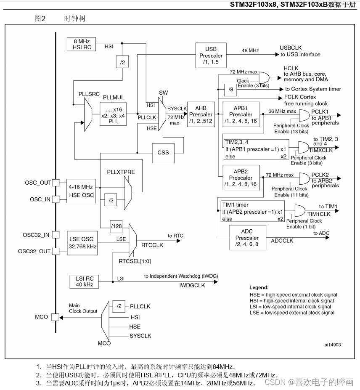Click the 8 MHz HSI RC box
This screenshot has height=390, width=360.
click(x=81, y=44)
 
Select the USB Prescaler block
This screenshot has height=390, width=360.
click(x=211, y=56)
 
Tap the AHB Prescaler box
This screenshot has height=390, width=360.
click(x=201, y=114)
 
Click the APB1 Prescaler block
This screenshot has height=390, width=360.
click(x=241, y=114)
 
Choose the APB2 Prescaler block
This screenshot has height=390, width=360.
click(x=241, y=178)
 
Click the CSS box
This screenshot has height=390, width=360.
click(x=163, y=153)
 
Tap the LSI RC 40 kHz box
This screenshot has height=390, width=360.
click(x=84, y=281)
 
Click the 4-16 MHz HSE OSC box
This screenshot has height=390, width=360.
click(x=82, y=191)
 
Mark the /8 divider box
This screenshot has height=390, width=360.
click(x=230, y=90)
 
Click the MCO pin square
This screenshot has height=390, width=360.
click(x=55, y=317)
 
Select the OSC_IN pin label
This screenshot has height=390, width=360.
click(x=40, y=199)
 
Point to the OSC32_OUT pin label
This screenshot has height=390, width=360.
click(x=34, y=251)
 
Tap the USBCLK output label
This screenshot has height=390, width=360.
click(x=291, y=48)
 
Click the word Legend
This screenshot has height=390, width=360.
click(x=259, y=287)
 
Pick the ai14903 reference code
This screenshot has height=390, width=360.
click(x=332, y=345)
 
